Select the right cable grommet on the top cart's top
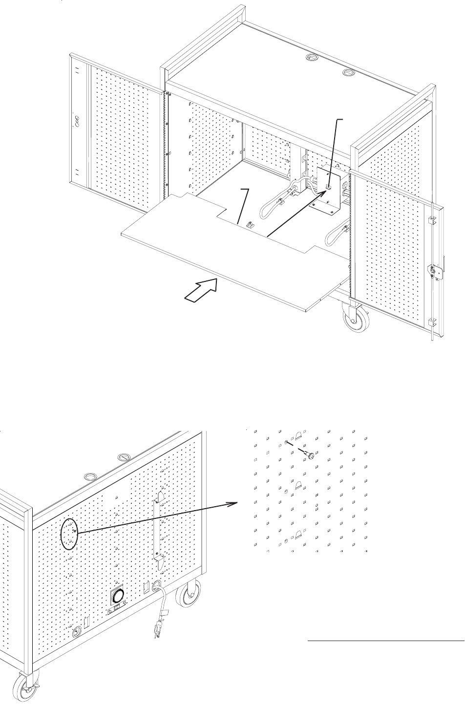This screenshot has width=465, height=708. click(x=348, y=72)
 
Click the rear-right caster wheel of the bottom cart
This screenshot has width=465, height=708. click(x=188, y=595)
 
